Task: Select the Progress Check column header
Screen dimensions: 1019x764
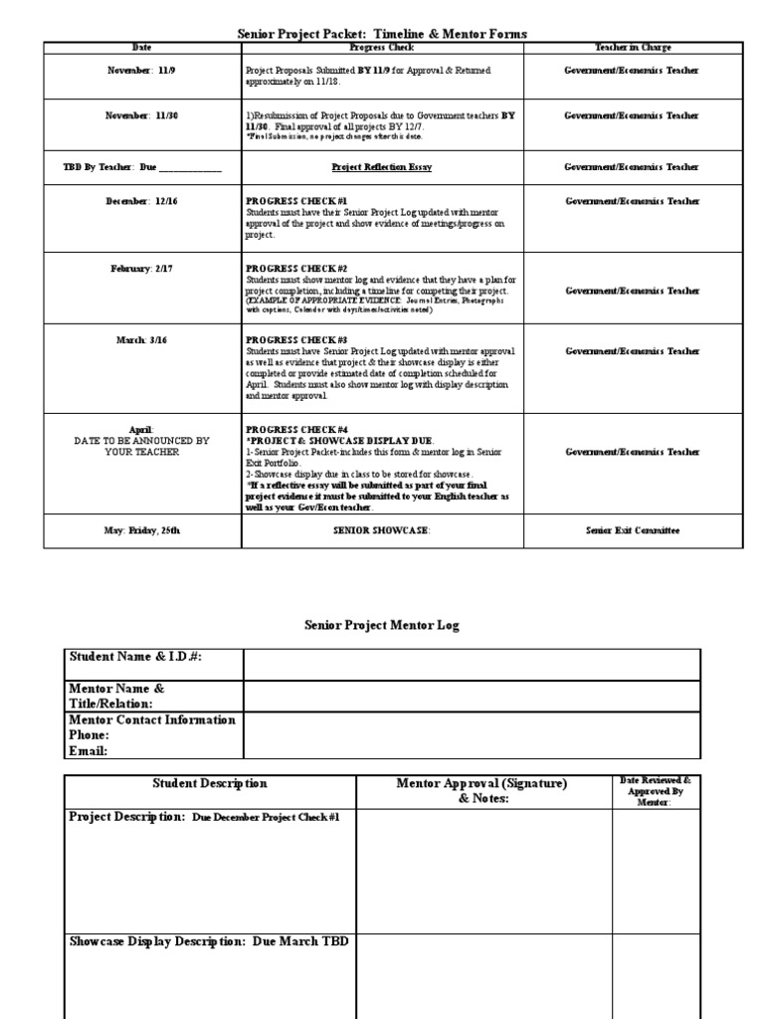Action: (382, 48)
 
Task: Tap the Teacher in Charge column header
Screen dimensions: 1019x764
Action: (632, 48)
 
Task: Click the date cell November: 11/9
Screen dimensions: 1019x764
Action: (142, 71)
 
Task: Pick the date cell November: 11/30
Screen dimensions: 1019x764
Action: (142, 115)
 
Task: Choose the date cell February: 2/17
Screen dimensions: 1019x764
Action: (142, 269)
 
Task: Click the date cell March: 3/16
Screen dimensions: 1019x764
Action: (142, 340)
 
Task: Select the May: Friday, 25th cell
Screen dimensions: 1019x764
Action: (142, 530)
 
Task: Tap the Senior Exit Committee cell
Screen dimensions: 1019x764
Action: (632, 530)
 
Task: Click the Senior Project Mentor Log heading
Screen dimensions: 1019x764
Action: (382, 625)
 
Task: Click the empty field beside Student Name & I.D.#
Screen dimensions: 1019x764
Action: (471, 665)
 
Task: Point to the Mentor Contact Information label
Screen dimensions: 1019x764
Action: (152, 719)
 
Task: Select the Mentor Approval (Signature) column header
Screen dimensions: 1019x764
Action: (481, 790)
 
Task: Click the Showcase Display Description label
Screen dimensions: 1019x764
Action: (209, 940)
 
